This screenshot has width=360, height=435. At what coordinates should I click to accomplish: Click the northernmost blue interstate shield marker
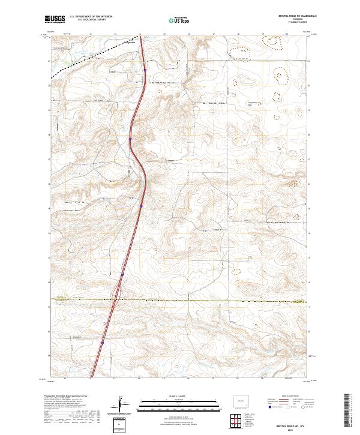pyautogui.click(x=145, y=70)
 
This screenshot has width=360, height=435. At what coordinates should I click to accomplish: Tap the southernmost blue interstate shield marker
pyautogui.click(x=103, y=343)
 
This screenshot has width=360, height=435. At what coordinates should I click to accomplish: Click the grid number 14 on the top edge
pyautogui.click(x=140, y=34)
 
